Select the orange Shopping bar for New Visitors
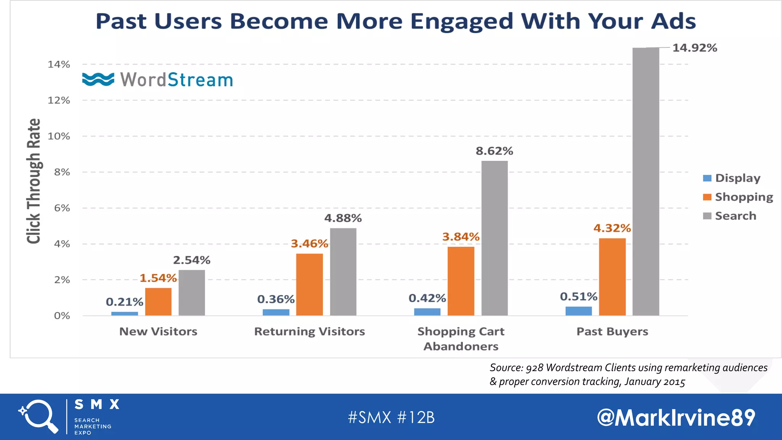(x=158, y=302)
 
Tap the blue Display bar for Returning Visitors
(x=276, y=312)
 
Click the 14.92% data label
(x=695, y=48)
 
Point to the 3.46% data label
(x=309, y=244)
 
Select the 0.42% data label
(x=427, y=298)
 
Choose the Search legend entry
(x=730, y=216)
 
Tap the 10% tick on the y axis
(x=59, y=136)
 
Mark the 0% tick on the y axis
(x=62, y=316)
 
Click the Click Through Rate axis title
(x=34, y=181)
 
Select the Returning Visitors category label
(x=309, y=332)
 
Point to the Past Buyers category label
(x=612, y=332)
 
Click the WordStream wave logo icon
(x=98, y=79)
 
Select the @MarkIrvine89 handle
(x=676, y=417)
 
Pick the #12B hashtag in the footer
(x=416, y=417)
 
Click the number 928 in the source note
(x=534, y=368)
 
